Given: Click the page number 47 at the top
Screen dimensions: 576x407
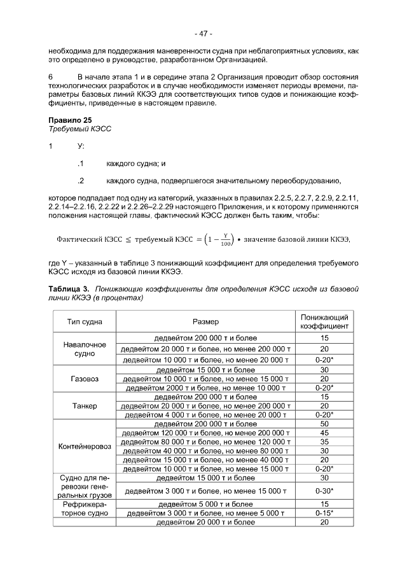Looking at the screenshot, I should (x=203, y=33).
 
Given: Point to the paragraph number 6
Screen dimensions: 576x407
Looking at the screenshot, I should (x=51, y=76).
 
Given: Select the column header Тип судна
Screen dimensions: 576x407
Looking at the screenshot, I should (x=85, y=322).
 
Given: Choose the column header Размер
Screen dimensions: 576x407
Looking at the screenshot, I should (x=205, y=322).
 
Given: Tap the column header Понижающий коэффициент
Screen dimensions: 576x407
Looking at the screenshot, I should (x=324, y=321).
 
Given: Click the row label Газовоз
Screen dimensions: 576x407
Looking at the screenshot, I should (x=85, y=378).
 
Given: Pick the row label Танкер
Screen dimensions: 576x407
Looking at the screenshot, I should (x=85, y=405).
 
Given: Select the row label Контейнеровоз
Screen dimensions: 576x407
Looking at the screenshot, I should (x=85, y=446).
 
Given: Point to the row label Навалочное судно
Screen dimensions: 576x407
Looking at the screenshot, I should (x=85, y=349).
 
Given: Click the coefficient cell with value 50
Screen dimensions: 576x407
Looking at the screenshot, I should (x=324, y=423).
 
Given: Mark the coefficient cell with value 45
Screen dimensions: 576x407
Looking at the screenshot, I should (x=324, y=433).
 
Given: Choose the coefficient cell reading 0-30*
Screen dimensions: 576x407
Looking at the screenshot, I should (x=324, y=491).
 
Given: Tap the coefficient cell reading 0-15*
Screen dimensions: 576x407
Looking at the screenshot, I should (x=324, y=513).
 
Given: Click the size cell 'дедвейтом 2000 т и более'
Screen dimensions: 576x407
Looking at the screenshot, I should (x=205, y=387).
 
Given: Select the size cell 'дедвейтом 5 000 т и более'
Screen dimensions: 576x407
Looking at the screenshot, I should (x=205, y=504).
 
